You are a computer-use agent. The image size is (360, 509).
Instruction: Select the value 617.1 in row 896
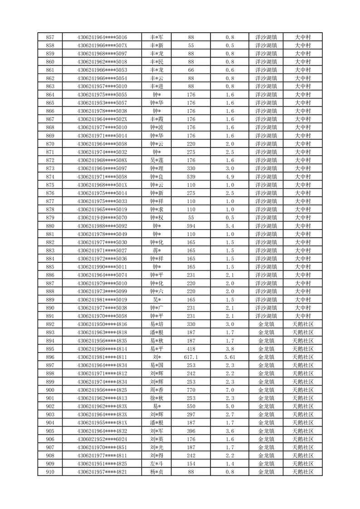tap(191, 357)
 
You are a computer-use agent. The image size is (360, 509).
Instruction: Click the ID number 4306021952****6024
tap(102, 439)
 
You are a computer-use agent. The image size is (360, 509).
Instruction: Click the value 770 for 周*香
tap(191, 390)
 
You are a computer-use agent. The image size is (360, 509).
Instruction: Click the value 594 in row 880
tap(191, 226)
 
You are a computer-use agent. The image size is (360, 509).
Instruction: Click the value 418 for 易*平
tap(191, 349)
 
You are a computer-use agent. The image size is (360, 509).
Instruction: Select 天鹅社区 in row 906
tap(302, 439)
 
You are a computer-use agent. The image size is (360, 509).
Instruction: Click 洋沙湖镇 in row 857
tap(266, 37)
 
